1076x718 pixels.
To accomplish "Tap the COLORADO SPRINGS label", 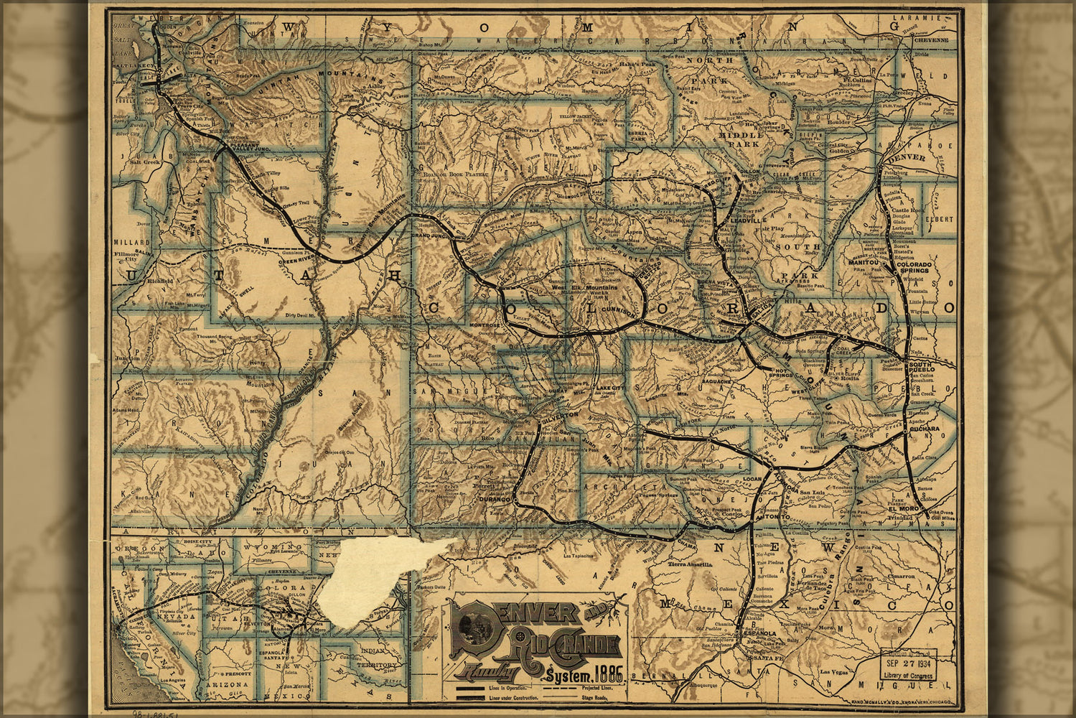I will [914, 269].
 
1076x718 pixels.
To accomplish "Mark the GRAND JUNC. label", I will [430, 236].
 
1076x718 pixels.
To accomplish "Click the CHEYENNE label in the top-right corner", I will [932, 41].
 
